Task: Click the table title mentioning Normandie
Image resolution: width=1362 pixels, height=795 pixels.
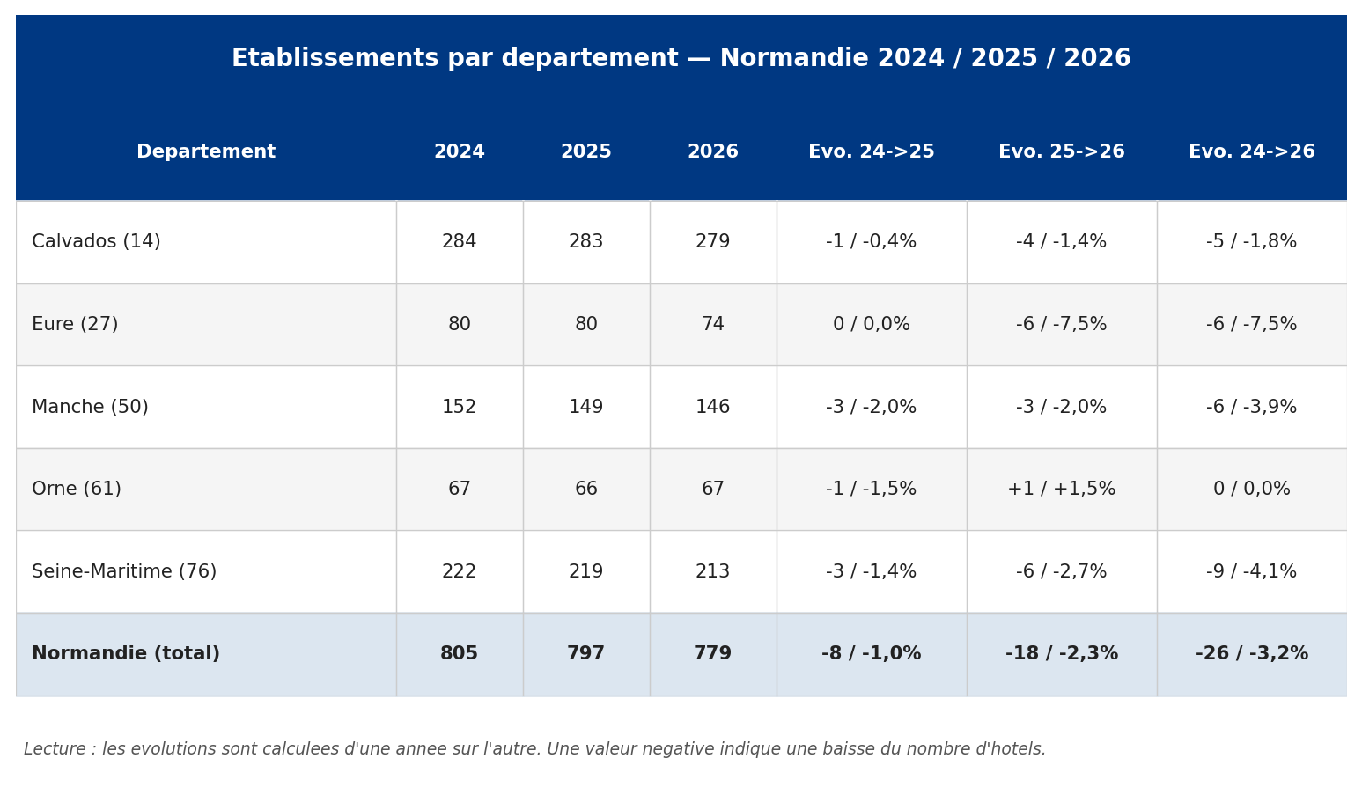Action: click(681, 58)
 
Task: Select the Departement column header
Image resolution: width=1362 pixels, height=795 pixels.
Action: click(206, 151)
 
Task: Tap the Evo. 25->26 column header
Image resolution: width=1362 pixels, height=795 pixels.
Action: click(1062, 151)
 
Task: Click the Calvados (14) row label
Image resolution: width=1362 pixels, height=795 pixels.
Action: click(96, 241)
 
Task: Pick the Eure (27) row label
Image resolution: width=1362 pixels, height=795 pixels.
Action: click(75, 324)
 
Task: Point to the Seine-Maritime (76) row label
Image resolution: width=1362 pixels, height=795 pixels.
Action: click(124, 571)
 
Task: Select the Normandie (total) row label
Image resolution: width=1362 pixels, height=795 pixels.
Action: click(126, 653)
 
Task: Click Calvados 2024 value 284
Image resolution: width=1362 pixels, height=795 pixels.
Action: click(459, 241)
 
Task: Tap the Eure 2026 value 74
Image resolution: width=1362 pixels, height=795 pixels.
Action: click(712, 324)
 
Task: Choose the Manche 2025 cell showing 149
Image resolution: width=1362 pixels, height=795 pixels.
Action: click(586, 407)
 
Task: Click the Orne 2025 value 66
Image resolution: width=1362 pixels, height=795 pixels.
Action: click(586, 489)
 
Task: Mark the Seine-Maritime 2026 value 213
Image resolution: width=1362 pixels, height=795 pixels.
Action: click(712, 571)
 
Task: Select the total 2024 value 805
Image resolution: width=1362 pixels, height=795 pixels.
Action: click(459, 653)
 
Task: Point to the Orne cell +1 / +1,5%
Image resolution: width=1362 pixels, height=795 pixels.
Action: click(1062, 489)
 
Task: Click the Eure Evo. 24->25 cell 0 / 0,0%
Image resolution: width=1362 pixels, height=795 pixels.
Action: click(872, 324)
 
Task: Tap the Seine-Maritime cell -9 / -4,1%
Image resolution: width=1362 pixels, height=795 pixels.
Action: click(1251, 571)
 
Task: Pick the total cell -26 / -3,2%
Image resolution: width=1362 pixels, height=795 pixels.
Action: click(1251, 653)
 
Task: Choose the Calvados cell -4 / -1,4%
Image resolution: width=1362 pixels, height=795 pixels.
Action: click(1062, 241)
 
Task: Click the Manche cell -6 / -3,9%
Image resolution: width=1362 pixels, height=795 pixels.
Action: click(1251, 407)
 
